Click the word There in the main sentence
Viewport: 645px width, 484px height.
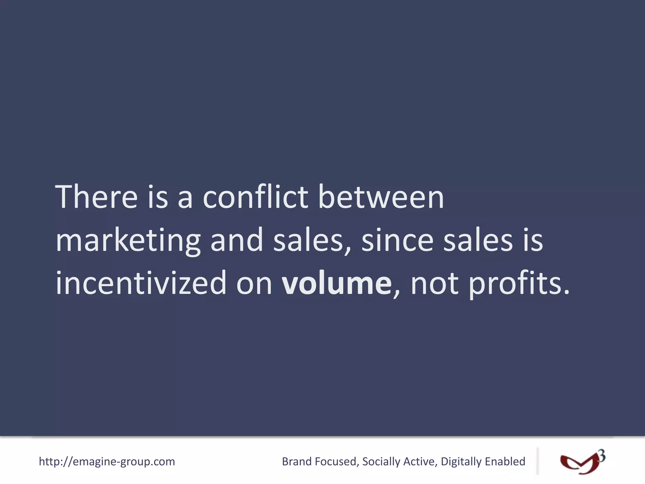click(x=96, y=197)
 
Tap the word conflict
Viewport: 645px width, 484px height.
click(x=255, y=197)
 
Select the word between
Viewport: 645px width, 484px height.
click(x=381, y=197)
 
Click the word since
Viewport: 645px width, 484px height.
click(x=397, y=240)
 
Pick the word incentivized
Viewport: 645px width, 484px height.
click(x=141, y=283)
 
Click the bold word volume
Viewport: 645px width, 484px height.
click(x=336, y=283)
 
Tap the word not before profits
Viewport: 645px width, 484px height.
click(x=435, y=283)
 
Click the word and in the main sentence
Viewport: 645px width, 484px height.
click(x=237, y=240)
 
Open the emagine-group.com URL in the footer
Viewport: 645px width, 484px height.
click(x=107, y=462)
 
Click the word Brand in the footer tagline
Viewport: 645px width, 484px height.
click(x=296, y=462)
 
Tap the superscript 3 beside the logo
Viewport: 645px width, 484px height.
click(x=602, y=456)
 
